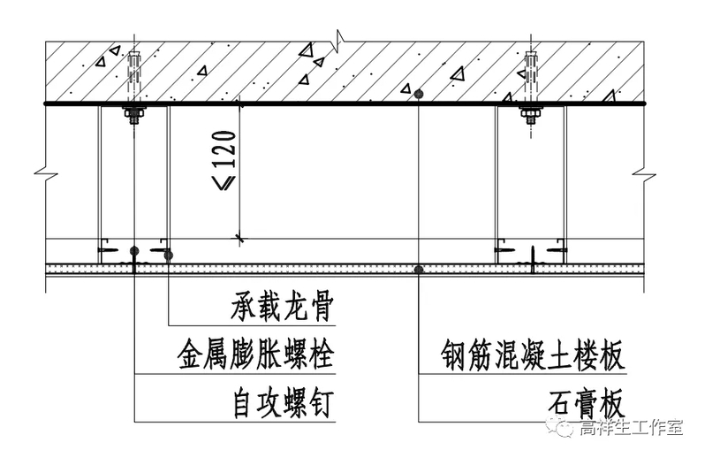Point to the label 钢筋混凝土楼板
click(x=534, y=357)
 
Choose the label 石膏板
click(x=584, y=405)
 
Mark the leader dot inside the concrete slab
click(x=419, y=92)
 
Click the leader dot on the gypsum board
click(x=419, y=268)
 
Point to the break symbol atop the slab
click(x=337, y=38)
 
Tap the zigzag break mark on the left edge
click(x=41, y=168)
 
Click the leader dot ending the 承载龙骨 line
click(x=168, y=256)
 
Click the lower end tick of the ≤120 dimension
click(x=239, y=238)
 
